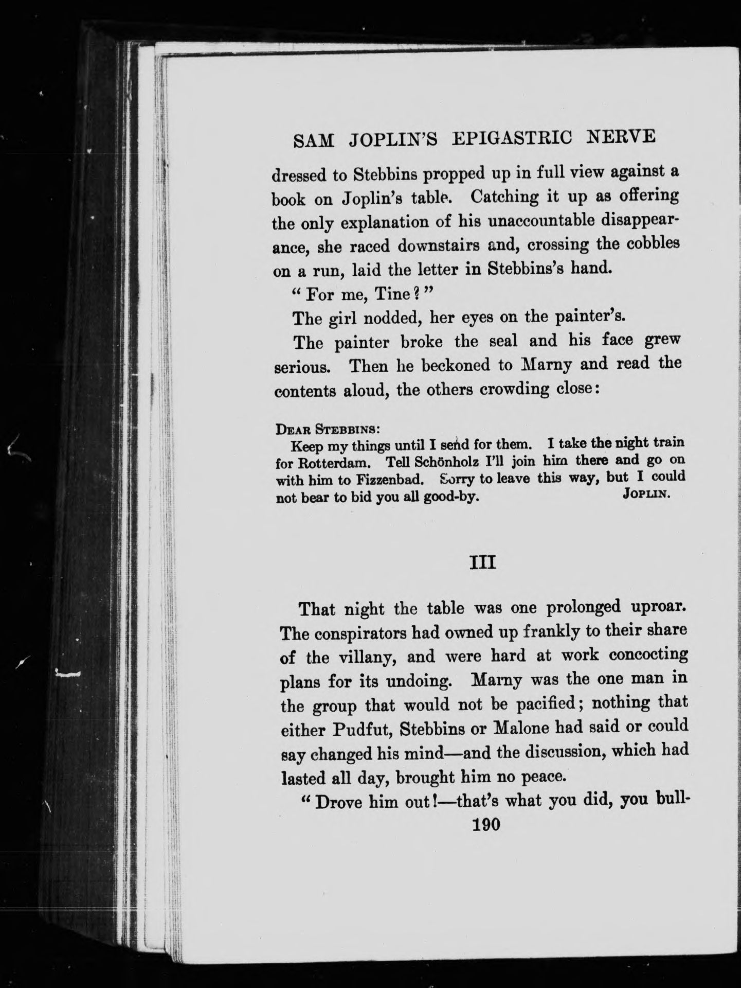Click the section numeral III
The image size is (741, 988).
(483, 563)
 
